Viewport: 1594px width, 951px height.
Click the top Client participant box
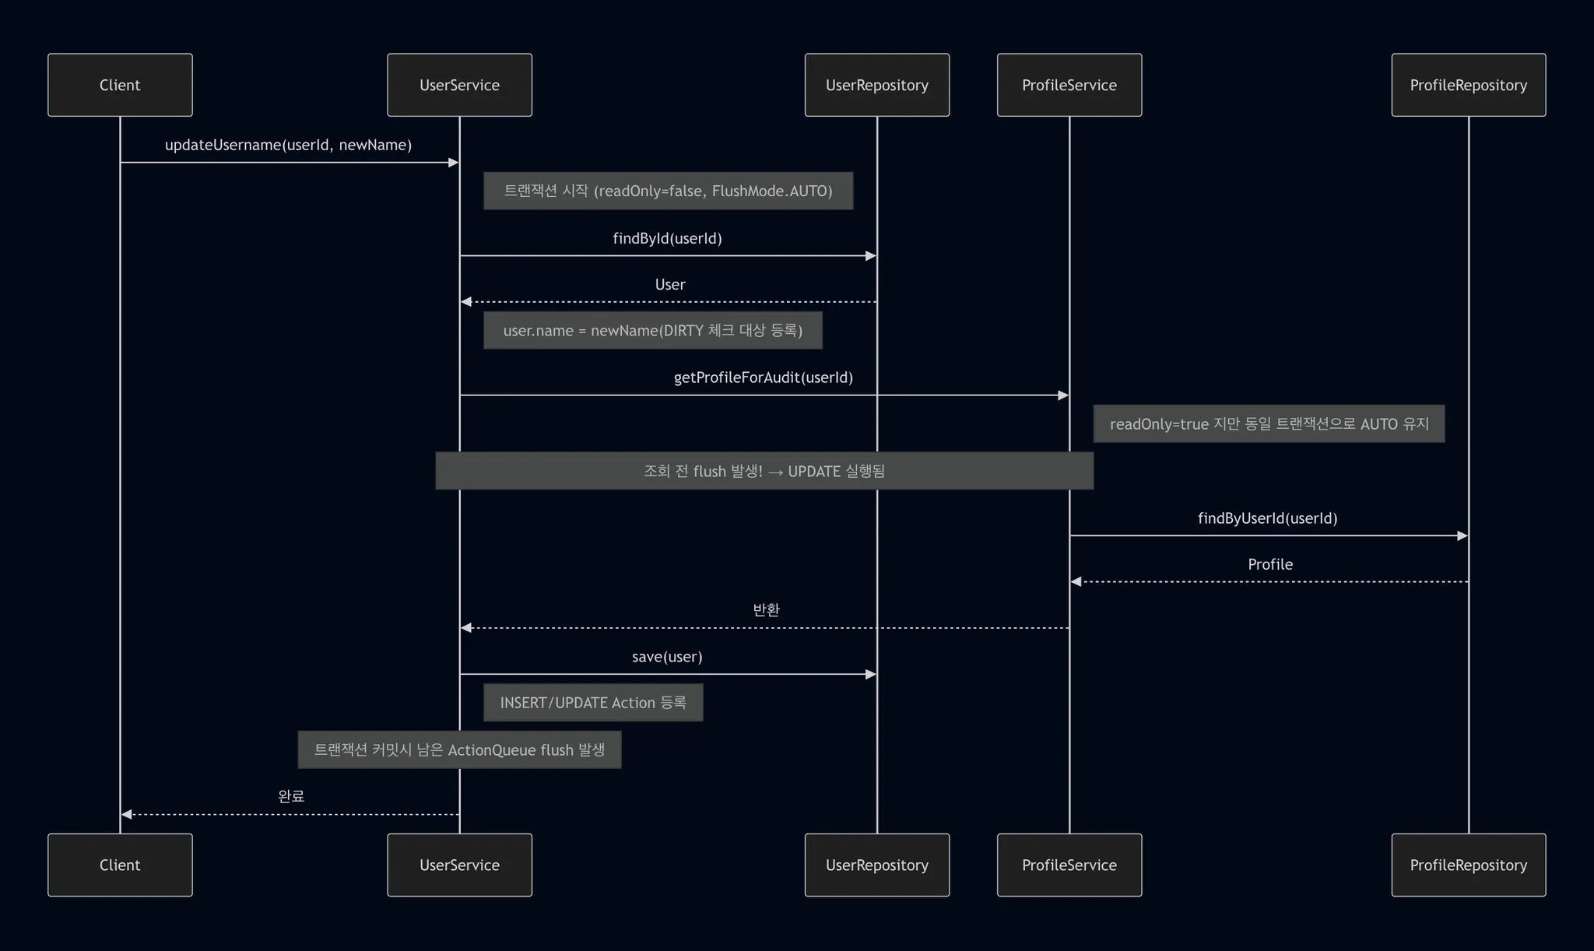coord(120,85)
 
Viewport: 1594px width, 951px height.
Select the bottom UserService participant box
coord(459,865)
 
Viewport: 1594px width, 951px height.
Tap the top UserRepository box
coord(876,85)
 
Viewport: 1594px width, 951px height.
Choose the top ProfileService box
coord(1069,85)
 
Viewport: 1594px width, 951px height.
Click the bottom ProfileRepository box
coord(1468,865)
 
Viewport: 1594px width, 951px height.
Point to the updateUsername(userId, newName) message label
coord(288,145)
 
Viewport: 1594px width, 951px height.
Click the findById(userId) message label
coord(667,238)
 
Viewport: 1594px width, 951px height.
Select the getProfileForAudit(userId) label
coord(763,377)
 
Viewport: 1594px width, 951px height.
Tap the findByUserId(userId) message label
coord(1267,518)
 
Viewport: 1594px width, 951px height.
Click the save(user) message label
coord(667,657)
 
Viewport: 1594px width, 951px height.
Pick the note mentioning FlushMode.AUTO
coord(668,191)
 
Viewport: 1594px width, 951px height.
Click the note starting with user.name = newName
coord(652,331)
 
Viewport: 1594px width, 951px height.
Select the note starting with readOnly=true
coord(1269,423)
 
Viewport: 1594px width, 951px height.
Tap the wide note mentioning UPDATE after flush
coord(764,471)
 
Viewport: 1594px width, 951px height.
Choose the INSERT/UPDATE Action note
coord(592,703)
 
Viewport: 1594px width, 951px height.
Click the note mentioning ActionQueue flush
coord(459,749)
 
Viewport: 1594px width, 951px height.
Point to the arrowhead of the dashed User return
coord(465,302)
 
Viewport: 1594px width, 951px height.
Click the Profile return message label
coord(1269,564)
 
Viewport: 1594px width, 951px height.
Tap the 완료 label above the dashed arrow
coord(290,796)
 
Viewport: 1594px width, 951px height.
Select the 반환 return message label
coord(766,610)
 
